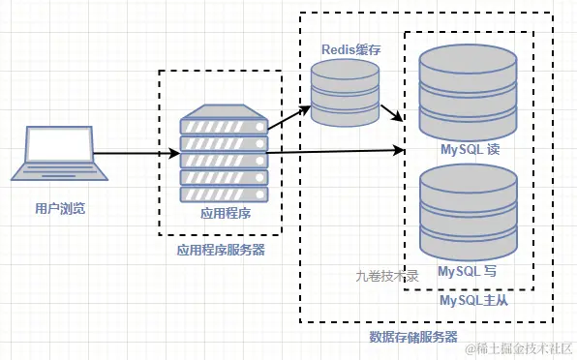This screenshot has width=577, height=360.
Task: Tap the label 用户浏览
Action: coord(52,208)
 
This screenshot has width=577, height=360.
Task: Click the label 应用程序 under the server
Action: coord(224,214)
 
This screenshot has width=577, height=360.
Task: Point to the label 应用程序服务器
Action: coord(221,249)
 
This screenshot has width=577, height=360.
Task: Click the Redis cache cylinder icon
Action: coord(345,93)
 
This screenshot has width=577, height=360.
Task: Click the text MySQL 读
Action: coord(470,151)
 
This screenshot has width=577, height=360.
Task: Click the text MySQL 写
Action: coord(468,271)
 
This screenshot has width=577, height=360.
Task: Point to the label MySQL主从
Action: coord(473,301)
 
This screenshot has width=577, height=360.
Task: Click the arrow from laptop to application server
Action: coord(136,154)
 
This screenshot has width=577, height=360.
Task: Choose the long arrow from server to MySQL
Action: coord(329,151)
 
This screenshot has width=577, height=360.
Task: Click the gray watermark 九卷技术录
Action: coord(386,275)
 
